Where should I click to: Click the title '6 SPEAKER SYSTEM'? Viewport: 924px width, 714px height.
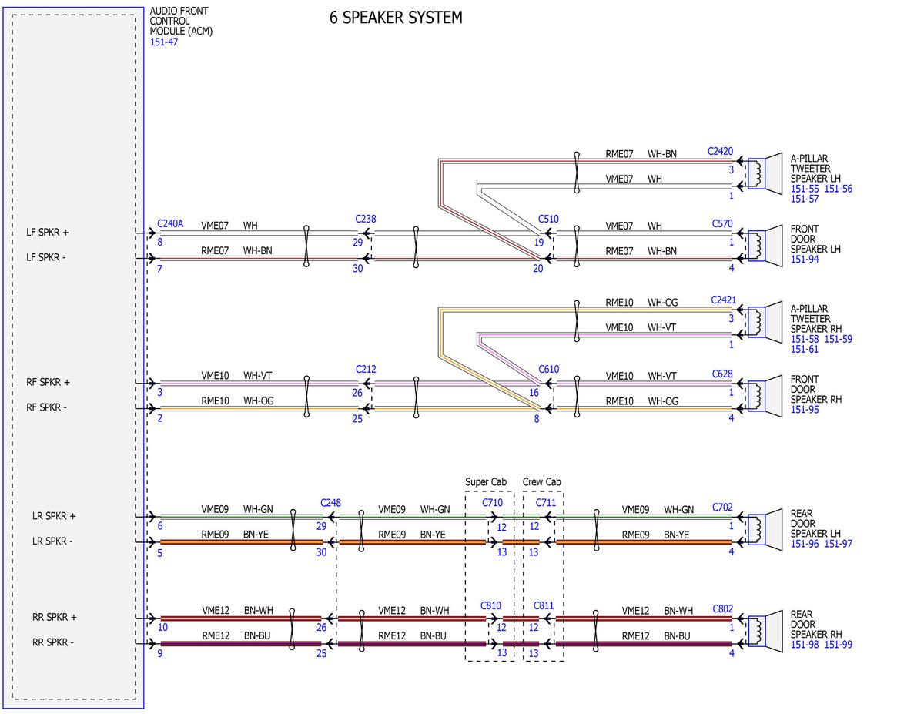pyautogui.click(x=396, y=18)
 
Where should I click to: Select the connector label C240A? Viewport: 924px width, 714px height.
pyautogui.click(x=170, y=223)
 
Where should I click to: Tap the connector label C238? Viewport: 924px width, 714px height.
pyautogui.click(x=366, y=219)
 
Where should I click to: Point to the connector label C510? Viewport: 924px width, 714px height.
pyautogui.click(x=548, y=219)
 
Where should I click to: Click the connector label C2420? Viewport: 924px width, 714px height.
pyautogui.click(x=720, y=152)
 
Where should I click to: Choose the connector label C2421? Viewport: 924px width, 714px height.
pyautogui.click(x=723, y=300)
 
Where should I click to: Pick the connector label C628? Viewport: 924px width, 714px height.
pyautogui.click(x=722, y=374)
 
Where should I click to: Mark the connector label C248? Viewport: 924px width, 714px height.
pyautogui.click(x=330, y=503)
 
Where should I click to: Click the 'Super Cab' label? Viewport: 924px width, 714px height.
pyautogui.click(x=486, y=482)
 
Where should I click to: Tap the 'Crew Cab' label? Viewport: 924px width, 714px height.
pyautogui.click(x=542, y=482)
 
